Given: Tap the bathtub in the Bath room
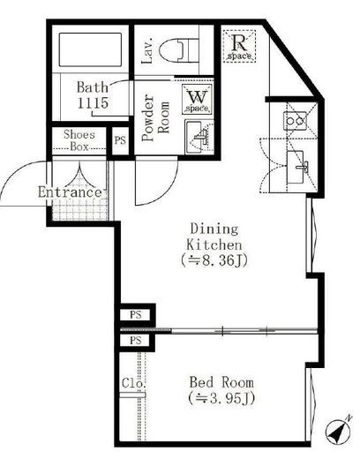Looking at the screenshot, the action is [x=90, y=49].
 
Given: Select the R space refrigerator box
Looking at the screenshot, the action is [x=239, y=46].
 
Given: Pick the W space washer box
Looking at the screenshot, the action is [x=197, y=99].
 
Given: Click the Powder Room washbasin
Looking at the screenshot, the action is [x=198, y=137].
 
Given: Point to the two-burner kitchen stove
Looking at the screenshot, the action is [x=295, y=121].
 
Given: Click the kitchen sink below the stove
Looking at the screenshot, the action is [x=296, y=168].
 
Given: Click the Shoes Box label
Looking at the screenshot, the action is [x=79, y=140].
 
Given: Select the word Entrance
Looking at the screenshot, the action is [x=70, y=192].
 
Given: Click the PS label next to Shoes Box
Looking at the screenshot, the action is [x=120, y=140].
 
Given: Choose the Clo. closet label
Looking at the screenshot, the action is [x=134, y=383].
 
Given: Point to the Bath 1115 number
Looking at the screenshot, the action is [x=93, y=102].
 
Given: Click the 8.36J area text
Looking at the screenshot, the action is [x=214, y=260].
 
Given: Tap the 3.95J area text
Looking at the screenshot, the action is [x=221, y=398].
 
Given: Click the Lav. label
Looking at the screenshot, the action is [x=147, y=50].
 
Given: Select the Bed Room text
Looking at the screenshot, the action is [x=221, y=382].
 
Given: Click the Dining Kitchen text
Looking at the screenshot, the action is [x=214, y=237].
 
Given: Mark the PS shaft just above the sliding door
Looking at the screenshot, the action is [x=136, y=315].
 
